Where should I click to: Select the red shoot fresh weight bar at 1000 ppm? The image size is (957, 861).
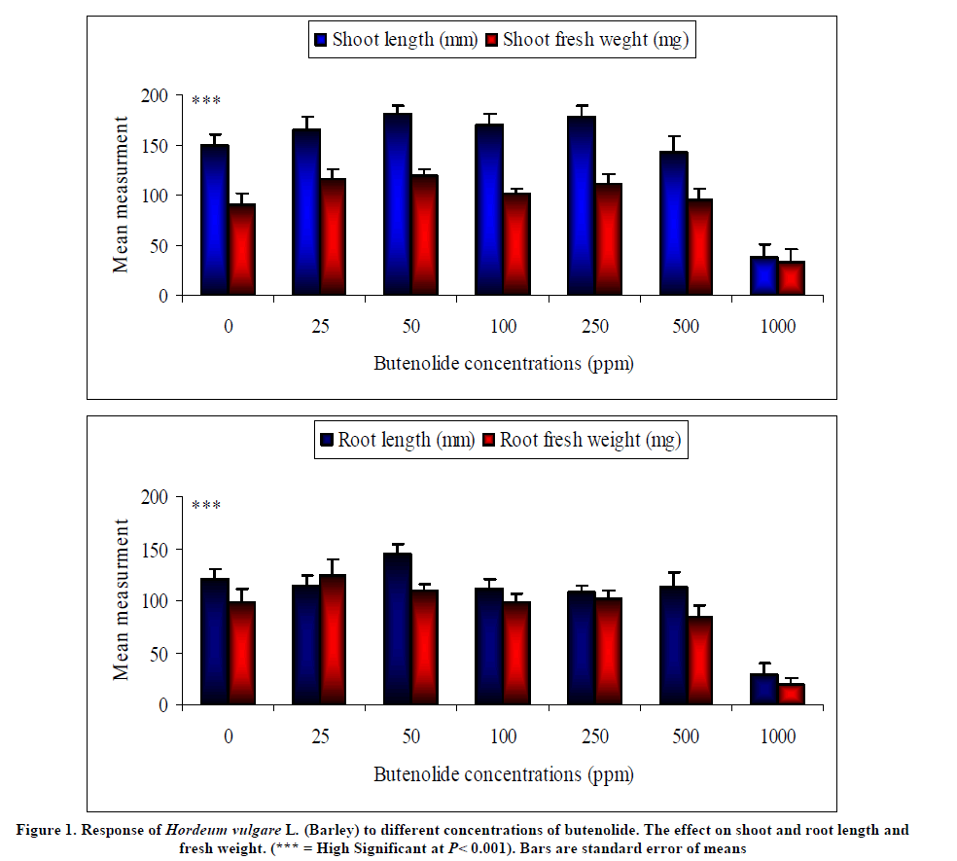(792, 278)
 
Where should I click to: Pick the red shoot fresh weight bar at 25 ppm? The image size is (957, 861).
(333, 236)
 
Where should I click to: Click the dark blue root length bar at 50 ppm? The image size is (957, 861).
(398, 628)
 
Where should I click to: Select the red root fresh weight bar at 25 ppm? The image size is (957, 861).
(333, 639)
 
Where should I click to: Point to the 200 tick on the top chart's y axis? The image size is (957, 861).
(156, 95)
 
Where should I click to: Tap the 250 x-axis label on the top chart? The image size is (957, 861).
(595, 326)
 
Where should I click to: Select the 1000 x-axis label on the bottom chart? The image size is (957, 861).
(778, 736)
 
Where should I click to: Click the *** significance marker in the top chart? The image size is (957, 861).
(206, 101)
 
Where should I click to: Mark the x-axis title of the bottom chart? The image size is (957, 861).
(504, 774)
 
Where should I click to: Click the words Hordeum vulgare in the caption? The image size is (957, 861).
(222, 830)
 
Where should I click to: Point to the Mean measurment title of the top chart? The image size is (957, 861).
(121, 195)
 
